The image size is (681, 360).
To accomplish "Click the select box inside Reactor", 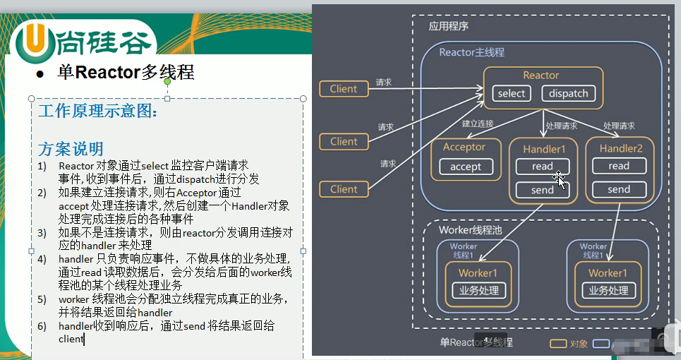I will tap(512, 93).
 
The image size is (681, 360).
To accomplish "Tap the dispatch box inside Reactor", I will tap(568, 93).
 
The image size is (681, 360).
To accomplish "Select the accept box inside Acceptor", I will tap(465, 167).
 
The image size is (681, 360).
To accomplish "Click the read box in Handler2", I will tap(618, 166).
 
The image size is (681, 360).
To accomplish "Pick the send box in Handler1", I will tap(543, 190).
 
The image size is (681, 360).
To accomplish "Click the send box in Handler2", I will tap(618, 189).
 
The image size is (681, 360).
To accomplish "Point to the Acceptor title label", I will tap(464, 147).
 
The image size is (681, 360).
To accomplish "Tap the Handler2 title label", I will tap(620, 148).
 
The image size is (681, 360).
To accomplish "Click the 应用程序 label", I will tap(449, 26).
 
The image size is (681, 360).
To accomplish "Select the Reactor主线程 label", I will tap(471, 52).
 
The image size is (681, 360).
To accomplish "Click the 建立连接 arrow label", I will tap(477, 124).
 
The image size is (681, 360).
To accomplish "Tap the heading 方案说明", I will tap(71, 148).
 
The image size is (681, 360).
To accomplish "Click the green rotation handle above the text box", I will tap(167, 83).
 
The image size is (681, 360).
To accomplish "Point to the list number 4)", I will tap(42, 258).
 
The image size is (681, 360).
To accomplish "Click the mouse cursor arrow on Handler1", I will tap(560, 181).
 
